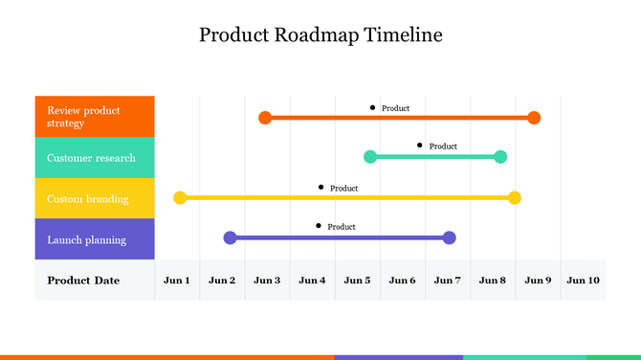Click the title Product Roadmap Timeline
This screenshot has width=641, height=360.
(320, 35)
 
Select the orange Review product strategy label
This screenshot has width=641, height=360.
(95, 117)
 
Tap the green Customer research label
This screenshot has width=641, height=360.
(95, 158)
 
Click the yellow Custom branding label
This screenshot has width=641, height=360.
(95, 198)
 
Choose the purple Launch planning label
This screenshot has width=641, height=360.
(95, 239)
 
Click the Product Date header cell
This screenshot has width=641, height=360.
(84, 281)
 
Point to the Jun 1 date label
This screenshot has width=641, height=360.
(177, 281)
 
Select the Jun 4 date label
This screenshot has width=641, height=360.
(312, 281)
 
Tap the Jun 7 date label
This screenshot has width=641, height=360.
(447, 281)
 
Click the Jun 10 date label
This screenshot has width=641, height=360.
(583, 281)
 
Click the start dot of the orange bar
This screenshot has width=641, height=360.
(265, 118)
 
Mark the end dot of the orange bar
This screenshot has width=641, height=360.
(534, 118)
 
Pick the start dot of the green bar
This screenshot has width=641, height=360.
(370, 156)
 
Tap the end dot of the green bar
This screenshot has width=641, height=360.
(500, 156)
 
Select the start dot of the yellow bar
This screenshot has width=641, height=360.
(180, 198)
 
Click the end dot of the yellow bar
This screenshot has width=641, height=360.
(515, 198)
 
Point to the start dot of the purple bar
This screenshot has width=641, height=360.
(230, 237)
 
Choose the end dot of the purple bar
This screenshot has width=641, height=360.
(450, 237)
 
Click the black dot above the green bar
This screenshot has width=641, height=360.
(419, 146)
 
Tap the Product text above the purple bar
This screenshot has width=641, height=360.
(342, 227)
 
